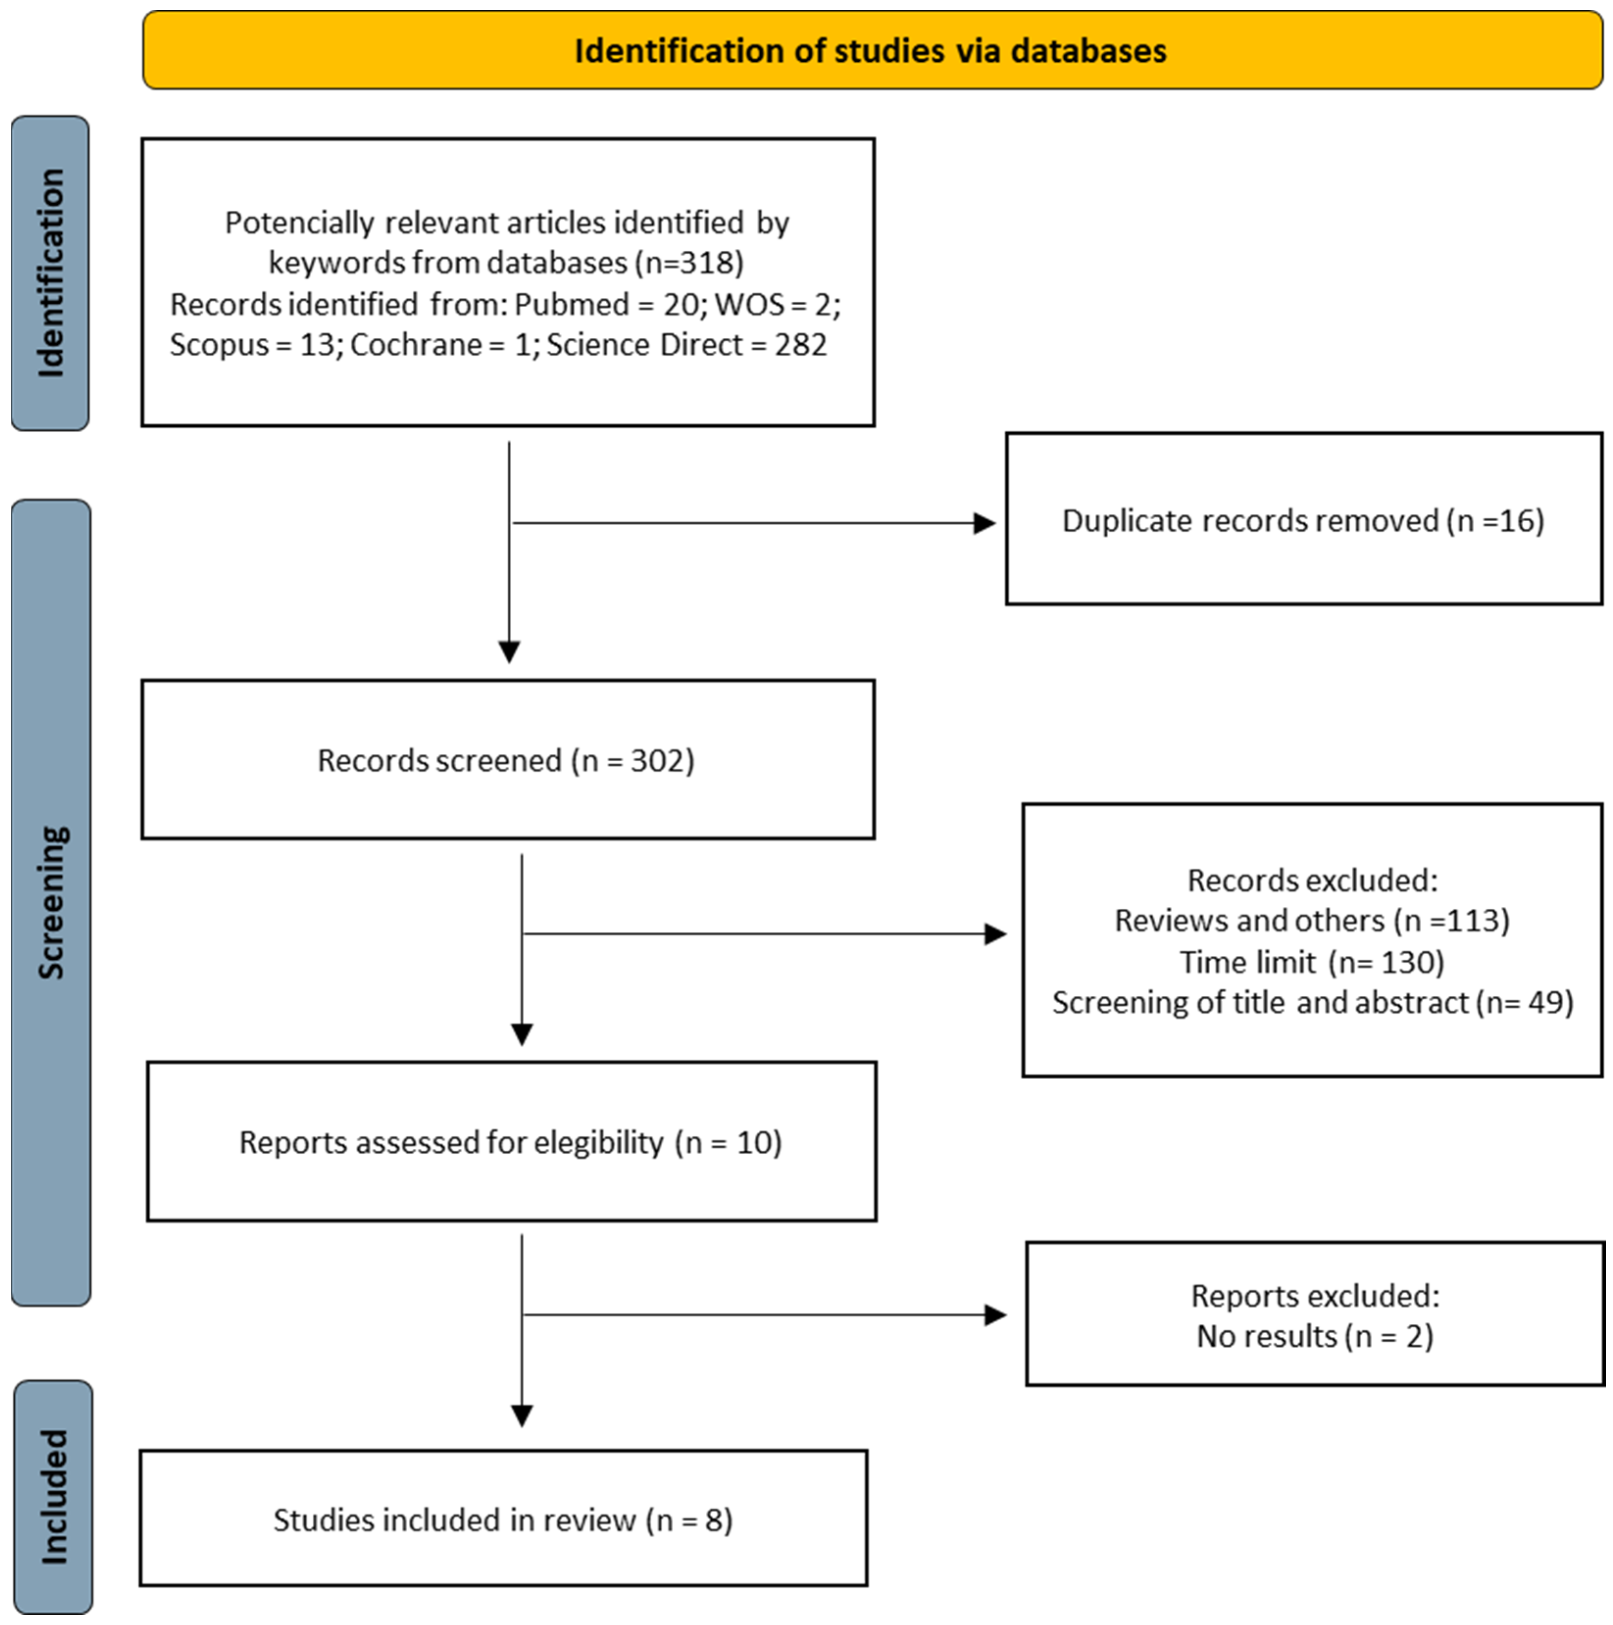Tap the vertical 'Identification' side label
[50, 273]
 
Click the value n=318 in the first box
[690, 263]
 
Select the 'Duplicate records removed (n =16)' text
[1303, 521]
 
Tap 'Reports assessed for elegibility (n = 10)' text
[510, 1142]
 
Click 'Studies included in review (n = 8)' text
[502, 1520]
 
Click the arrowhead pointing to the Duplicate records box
[985, 523]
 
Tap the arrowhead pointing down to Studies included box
[521, 1416]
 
